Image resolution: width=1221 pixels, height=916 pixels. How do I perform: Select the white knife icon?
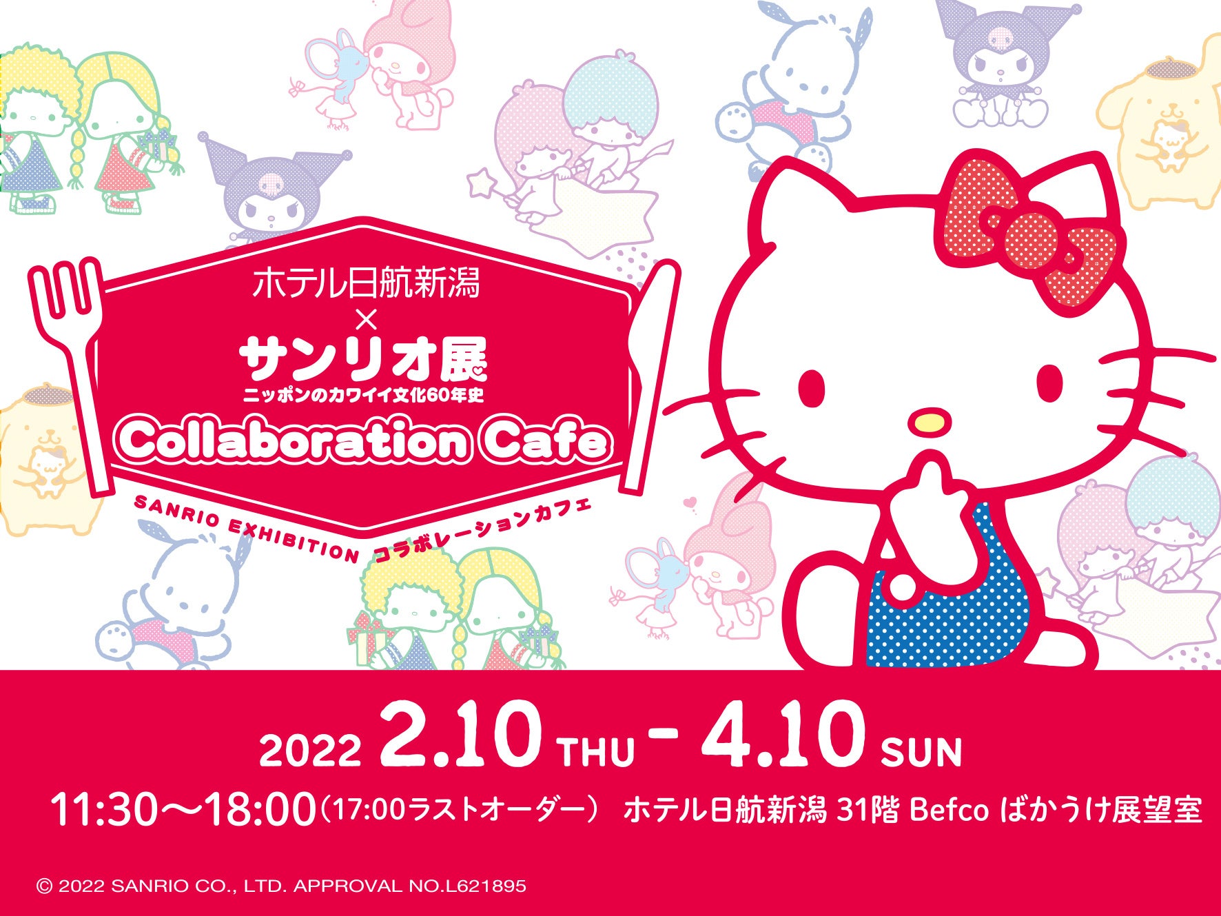tap(650, 372)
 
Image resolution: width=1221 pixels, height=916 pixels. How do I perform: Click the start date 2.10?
tap(460, 736)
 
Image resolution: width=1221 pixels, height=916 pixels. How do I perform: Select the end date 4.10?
tap(783, 736)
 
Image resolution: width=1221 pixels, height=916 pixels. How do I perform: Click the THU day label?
tap(597, 752)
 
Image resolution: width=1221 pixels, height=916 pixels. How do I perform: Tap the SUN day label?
tap(921, 752)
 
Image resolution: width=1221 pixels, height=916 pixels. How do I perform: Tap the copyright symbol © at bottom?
tap(44, 886)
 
